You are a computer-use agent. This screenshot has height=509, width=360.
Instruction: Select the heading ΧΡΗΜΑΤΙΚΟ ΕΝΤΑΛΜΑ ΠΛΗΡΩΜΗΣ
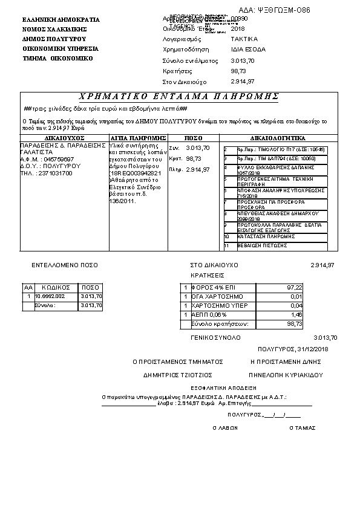pos(179,97)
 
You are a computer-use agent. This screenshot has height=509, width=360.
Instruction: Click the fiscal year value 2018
pos(238,28)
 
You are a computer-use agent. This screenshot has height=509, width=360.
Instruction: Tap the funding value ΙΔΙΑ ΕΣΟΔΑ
pos(248,49)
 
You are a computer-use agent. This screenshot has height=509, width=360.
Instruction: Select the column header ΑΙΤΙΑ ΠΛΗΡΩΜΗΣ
pos(138,138)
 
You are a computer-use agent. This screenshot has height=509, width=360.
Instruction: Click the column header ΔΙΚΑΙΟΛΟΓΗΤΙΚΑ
pos(278,138)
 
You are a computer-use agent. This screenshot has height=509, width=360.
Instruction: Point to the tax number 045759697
pos(58,160)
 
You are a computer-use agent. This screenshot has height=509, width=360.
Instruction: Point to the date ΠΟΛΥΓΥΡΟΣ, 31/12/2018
pos(292,349)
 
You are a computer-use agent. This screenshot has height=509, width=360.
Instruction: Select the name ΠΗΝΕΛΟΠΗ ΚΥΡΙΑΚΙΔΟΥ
pos(285,375)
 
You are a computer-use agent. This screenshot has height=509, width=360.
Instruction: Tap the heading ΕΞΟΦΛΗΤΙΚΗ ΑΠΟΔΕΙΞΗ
pos(217,386)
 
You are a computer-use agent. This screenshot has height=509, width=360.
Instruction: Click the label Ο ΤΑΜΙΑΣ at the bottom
pos(303,427)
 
